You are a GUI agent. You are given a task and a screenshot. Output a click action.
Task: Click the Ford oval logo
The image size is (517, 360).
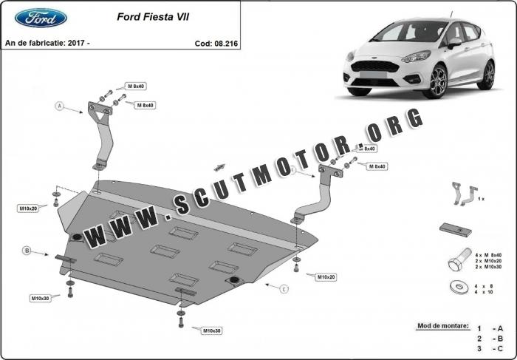click(41, 18)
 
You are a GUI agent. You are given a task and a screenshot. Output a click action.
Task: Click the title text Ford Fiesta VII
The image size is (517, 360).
click(153, 17)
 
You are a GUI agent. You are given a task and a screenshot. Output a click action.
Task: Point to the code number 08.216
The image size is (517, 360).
click(226, 44)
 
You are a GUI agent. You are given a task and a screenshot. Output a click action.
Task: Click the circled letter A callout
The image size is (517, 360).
click(59, 106)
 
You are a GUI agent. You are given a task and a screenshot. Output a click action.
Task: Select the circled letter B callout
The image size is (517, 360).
click(27, 251)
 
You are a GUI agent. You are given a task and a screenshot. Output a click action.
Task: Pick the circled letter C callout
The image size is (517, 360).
click(284, 289)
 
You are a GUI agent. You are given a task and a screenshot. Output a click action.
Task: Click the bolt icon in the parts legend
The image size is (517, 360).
click(459, 259)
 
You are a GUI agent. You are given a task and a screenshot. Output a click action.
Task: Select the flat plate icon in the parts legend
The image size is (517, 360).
click(456, 230)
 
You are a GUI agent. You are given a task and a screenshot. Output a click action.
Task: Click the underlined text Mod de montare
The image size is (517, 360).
click(443, 326)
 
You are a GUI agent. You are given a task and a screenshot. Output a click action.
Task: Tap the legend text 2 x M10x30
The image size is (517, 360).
click(488, 267)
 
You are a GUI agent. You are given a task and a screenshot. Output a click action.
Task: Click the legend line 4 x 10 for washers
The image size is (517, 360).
click(484, 292)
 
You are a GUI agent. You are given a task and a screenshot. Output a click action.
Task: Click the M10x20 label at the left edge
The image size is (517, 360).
click(29, 208)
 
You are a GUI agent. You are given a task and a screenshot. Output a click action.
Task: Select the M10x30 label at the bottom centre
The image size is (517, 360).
click(212, 330)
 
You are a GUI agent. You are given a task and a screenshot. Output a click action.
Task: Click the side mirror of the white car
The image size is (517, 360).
click(454, 43)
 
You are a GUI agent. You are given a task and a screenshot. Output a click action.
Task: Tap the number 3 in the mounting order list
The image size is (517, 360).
click(479, 348)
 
